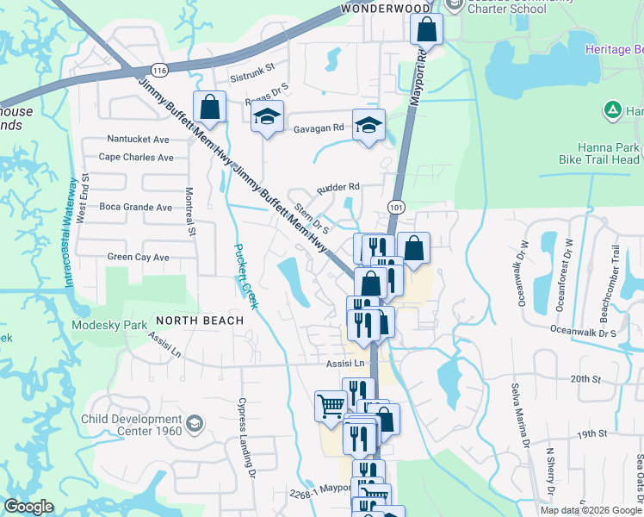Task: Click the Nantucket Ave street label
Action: (139, 139)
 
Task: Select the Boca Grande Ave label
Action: (136, 207)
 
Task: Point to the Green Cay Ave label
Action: (138, 257)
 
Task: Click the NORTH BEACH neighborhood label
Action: (200, 321)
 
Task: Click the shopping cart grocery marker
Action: (331, 405)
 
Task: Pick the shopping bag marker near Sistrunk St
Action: (209, 108)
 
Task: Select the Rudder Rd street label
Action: (337, 186)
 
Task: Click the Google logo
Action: (28, 508)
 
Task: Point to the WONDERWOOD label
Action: (386, 8)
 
